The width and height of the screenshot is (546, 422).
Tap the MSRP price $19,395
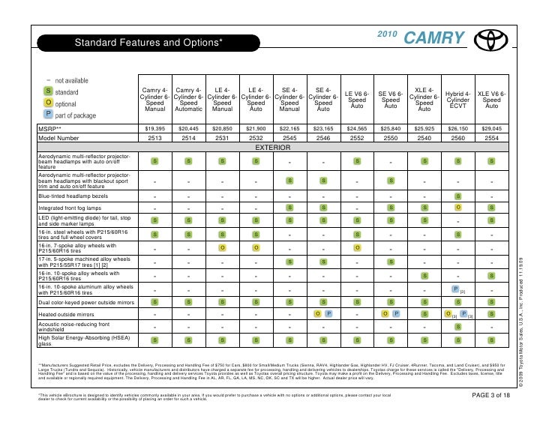(x=154, y=129)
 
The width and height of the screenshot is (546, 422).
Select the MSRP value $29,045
(x=492, y=129)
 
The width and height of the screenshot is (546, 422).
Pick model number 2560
(x=458, y=138)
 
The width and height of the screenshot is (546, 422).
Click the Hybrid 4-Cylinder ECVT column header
(x=458, y=99)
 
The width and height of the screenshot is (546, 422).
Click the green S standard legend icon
(x=48, y=91)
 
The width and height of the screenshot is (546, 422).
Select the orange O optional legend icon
(x=48, y=103)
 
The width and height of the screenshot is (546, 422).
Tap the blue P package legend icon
(x=48, y=115)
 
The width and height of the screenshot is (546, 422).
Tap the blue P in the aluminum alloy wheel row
(x=455, y=289)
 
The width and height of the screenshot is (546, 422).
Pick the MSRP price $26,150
(x=458, y=129)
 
